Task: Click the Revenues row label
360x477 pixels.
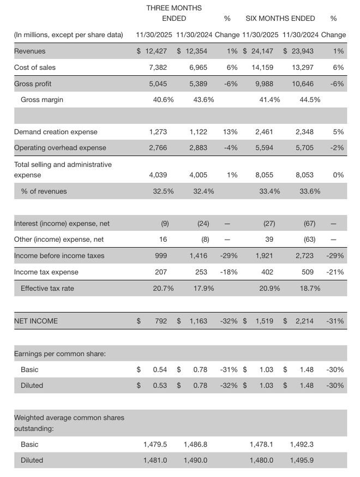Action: (29, 51)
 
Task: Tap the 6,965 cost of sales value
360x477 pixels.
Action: (198, 67)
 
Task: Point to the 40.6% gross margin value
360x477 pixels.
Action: (163, 100)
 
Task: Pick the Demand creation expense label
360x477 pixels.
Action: (56, 132)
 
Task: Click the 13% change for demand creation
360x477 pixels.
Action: (231, 132)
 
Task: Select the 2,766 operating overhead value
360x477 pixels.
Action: (158, 147)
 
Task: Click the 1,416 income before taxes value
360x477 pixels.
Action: (198, 255)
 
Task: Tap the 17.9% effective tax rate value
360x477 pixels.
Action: (203, 288)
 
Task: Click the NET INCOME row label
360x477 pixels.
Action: (35, 321)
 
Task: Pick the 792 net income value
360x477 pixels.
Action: (161, 321)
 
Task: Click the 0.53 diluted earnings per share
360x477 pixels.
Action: (160, 385)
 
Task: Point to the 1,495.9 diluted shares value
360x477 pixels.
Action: (302, 460)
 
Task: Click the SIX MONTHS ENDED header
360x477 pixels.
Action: (280, 18)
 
